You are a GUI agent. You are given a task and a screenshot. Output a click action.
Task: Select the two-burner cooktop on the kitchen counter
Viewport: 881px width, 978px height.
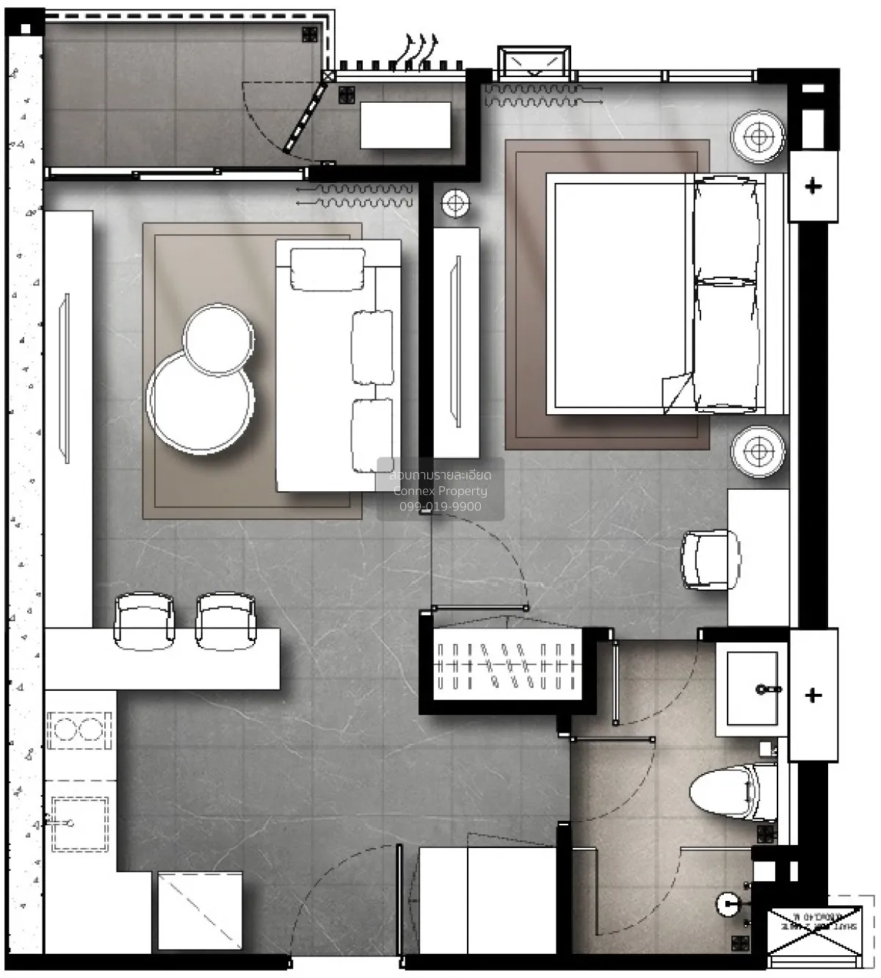[x=79, y=731]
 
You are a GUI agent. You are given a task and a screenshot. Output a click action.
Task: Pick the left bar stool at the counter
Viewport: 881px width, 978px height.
[x=145, y=620]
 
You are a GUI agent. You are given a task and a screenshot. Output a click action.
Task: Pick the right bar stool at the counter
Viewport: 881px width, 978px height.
[x=225, y=620]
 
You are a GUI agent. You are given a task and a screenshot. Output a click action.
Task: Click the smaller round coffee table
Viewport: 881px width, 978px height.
[x=218, y=340]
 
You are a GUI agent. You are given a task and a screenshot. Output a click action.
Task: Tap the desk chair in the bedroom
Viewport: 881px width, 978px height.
[x=709, y=559]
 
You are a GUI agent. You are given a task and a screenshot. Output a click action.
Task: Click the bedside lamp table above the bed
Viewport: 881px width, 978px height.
[x=758, y=137]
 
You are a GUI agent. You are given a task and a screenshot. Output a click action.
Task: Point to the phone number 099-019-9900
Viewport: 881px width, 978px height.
[x=440, y=507]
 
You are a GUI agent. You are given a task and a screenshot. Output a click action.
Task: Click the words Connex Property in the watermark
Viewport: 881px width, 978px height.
[x=440, y=491]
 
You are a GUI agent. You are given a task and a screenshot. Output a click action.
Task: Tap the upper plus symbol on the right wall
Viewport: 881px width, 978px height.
[x=813, y=186]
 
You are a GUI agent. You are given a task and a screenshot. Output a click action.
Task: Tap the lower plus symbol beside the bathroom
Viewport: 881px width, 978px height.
[x=813, y=695]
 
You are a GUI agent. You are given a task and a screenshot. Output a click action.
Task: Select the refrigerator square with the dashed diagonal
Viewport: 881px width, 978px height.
[x=200, y=910]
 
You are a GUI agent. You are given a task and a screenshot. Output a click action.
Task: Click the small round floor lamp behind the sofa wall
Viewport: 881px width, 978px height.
[x=455, y=203]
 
